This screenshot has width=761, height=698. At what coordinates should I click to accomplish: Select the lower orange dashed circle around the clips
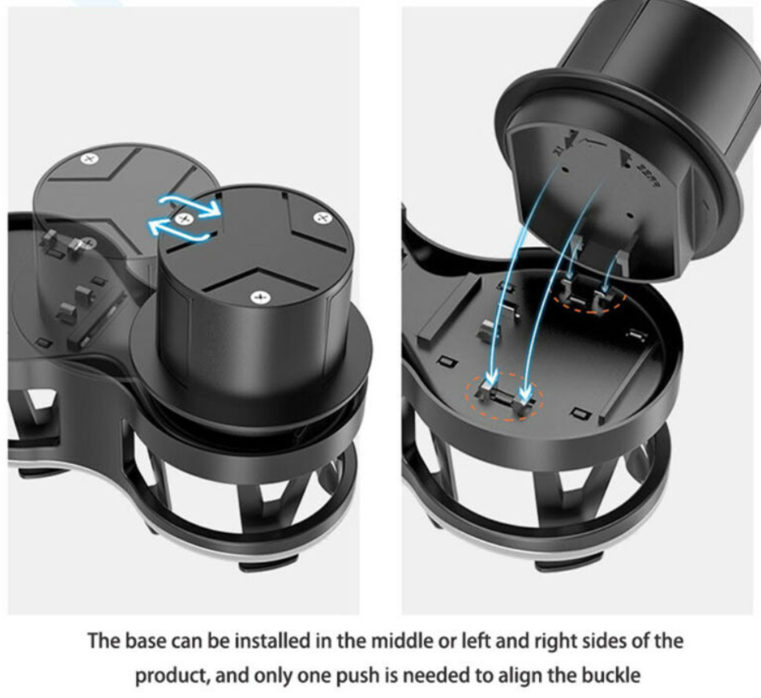click(504, 395)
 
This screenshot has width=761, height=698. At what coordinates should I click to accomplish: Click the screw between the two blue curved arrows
click(184, 219)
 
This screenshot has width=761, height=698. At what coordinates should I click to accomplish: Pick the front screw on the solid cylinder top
click(260, 297)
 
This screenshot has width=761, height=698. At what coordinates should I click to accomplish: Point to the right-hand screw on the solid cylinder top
click(322, 218)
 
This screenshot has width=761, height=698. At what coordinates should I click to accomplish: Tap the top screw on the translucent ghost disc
click(88, 158)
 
